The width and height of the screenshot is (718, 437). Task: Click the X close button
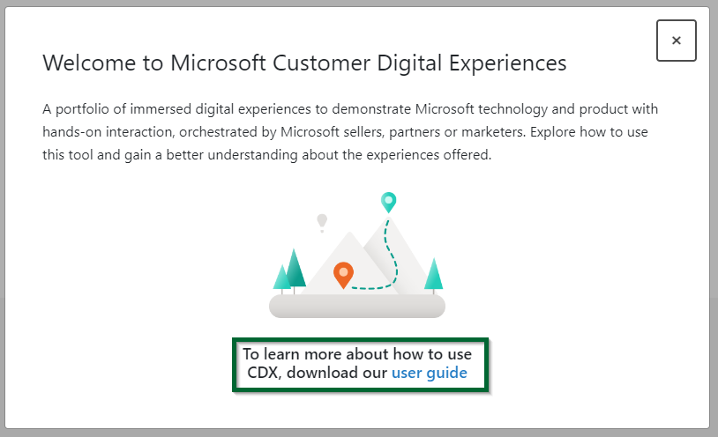tap(676, 41)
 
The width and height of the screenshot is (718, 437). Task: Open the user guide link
tap(430, 373)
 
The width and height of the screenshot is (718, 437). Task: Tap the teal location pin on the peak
tap(388, 202)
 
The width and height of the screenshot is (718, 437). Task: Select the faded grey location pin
tap(322, 220)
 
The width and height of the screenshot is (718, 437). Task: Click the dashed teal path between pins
tap(394, 256)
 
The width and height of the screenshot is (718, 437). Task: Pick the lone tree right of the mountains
tap(433, 274)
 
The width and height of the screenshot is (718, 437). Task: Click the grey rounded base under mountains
tap(356, 306)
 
